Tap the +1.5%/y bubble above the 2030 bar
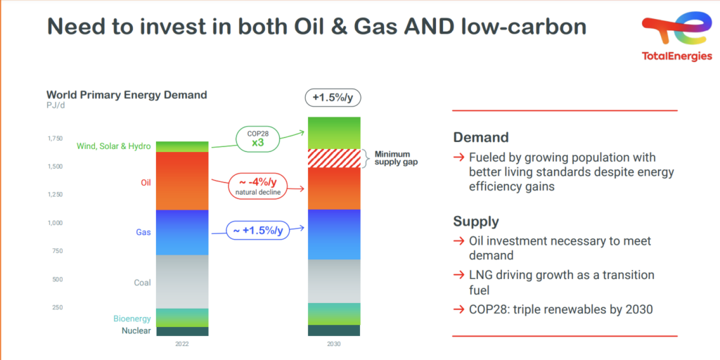coord(333,97)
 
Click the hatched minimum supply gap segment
coord(334,158)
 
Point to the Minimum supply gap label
coord(397,158)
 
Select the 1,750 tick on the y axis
coord(55,139)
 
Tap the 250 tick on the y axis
coord(57,307)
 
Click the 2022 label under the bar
coord(182,344)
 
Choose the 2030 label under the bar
coord(334,344)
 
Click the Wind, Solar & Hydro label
coord(113,146)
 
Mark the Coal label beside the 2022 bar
coord(142,283)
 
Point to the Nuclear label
coord(136,330)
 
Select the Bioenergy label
coord(132,319)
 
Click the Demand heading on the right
coord(481,137)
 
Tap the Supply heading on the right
coord(476,221)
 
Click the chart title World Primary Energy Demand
coord(127,95)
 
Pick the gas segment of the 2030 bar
coord(334,234)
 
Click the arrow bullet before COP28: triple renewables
coord(458,309)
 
